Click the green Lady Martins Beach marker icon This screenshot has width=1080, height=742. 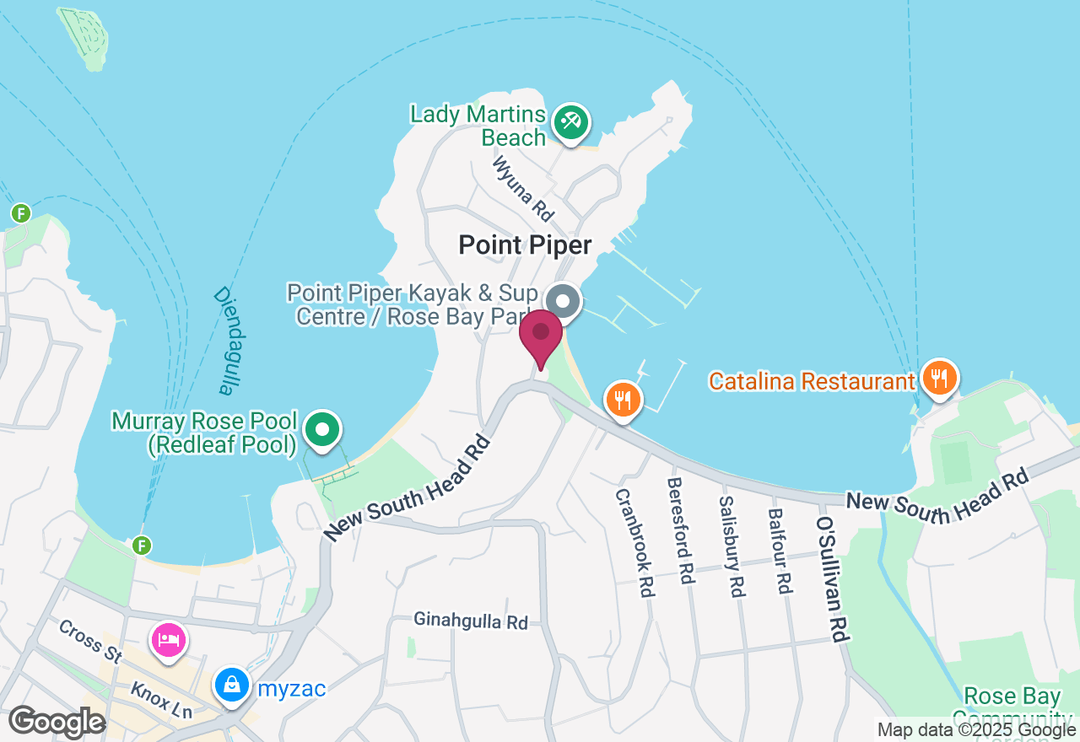(571, 124)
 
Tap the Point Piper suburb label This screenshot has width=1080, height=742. (525, 245)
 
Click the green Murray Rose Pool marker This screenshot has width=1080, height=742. (321, 430)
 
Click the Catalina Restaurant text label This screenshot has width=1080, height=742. (812, 381)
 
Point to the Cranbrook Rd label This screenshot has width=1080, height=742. (635, 543)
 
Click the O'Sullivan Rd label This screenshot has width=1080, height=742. (831, 579)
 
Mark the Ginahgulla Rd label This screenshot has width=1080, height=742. (470, 621)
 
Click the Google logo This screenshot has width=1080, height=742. (57, 723)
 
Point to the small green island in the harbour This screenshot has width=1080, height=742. (83, 36)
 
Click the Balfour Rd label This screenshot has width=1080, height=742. (780, 550)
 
